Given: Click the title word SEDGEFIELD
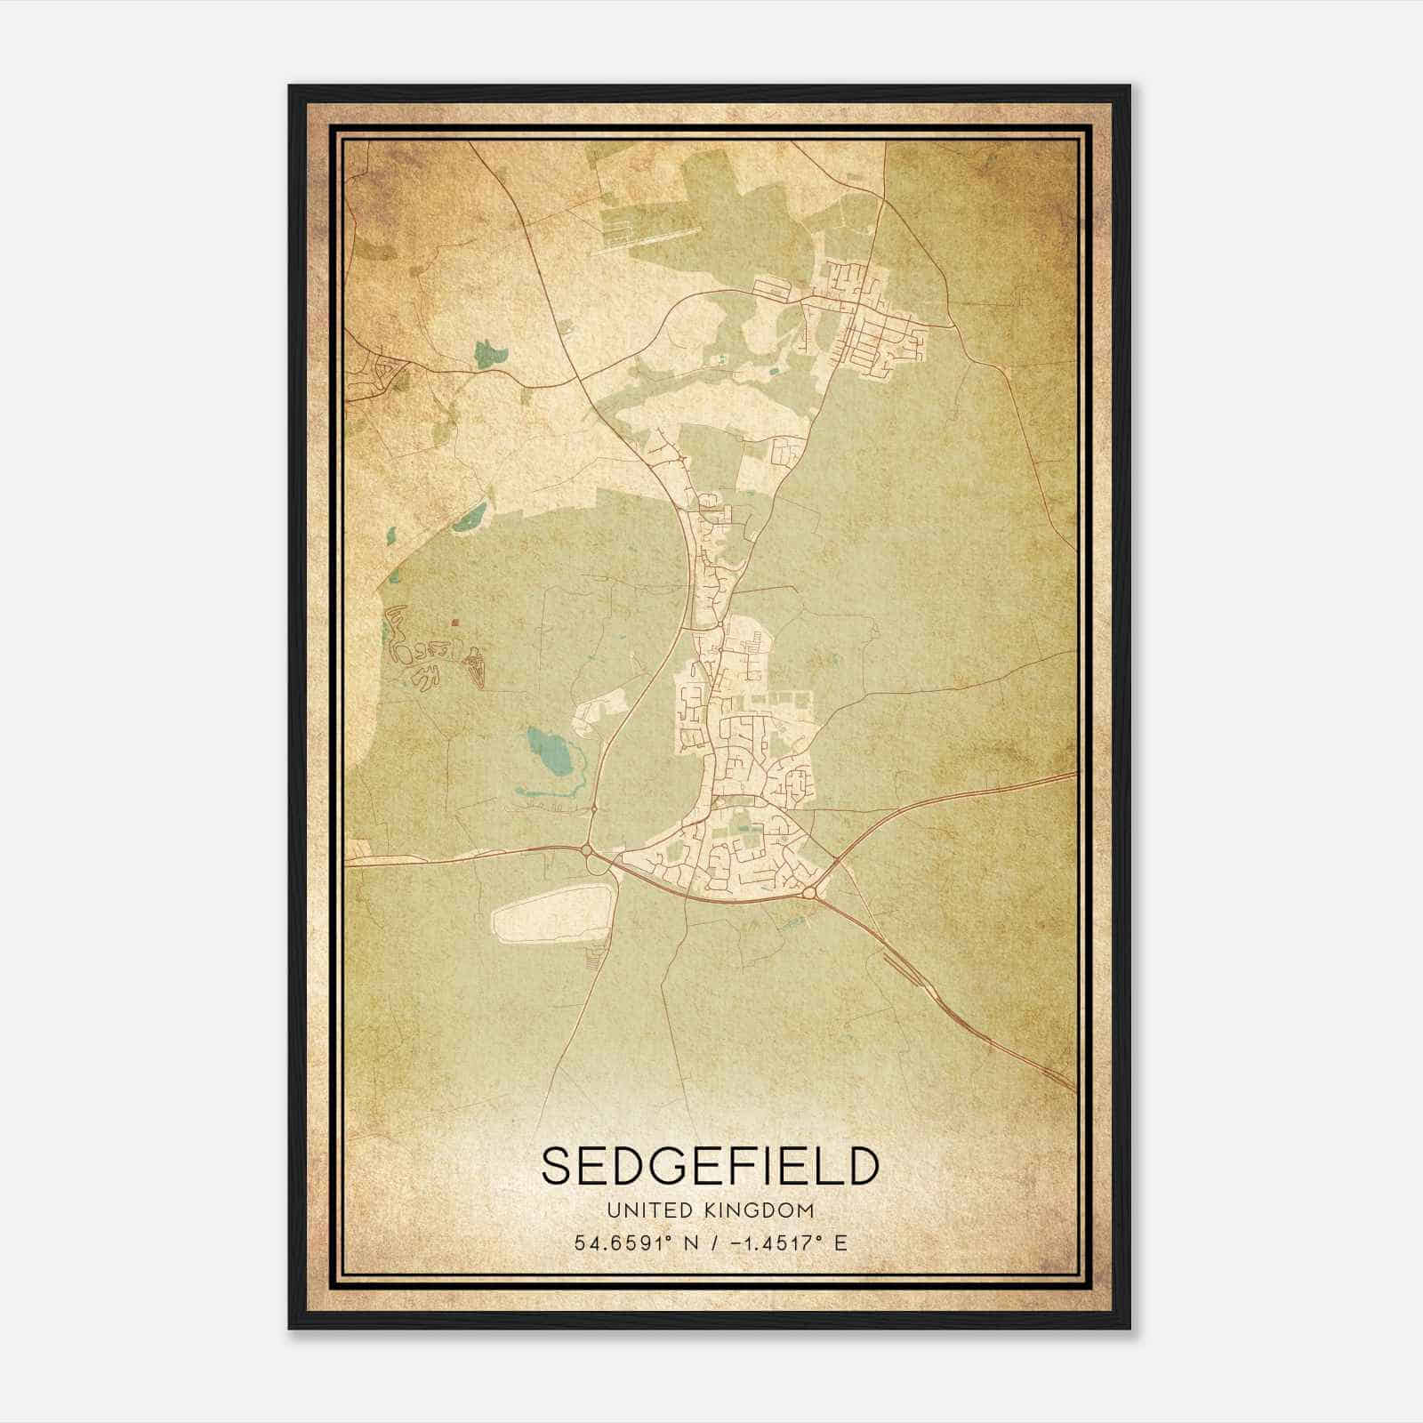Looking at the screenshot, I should coord(710,1167).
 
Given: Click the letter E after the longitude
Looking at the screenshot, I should coord(840,1242).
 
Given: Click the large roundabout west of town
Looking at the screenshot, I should coord(587,851).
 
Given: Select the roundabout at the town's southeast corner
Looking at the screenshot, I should coord(808,892).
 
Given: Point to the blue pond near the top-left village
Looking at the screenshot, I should coord(488,354).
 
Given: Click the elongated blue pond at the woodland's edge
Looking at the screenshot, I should coord(470,517).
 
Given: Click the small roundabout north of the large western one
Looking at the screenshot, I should coord(593,808).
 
